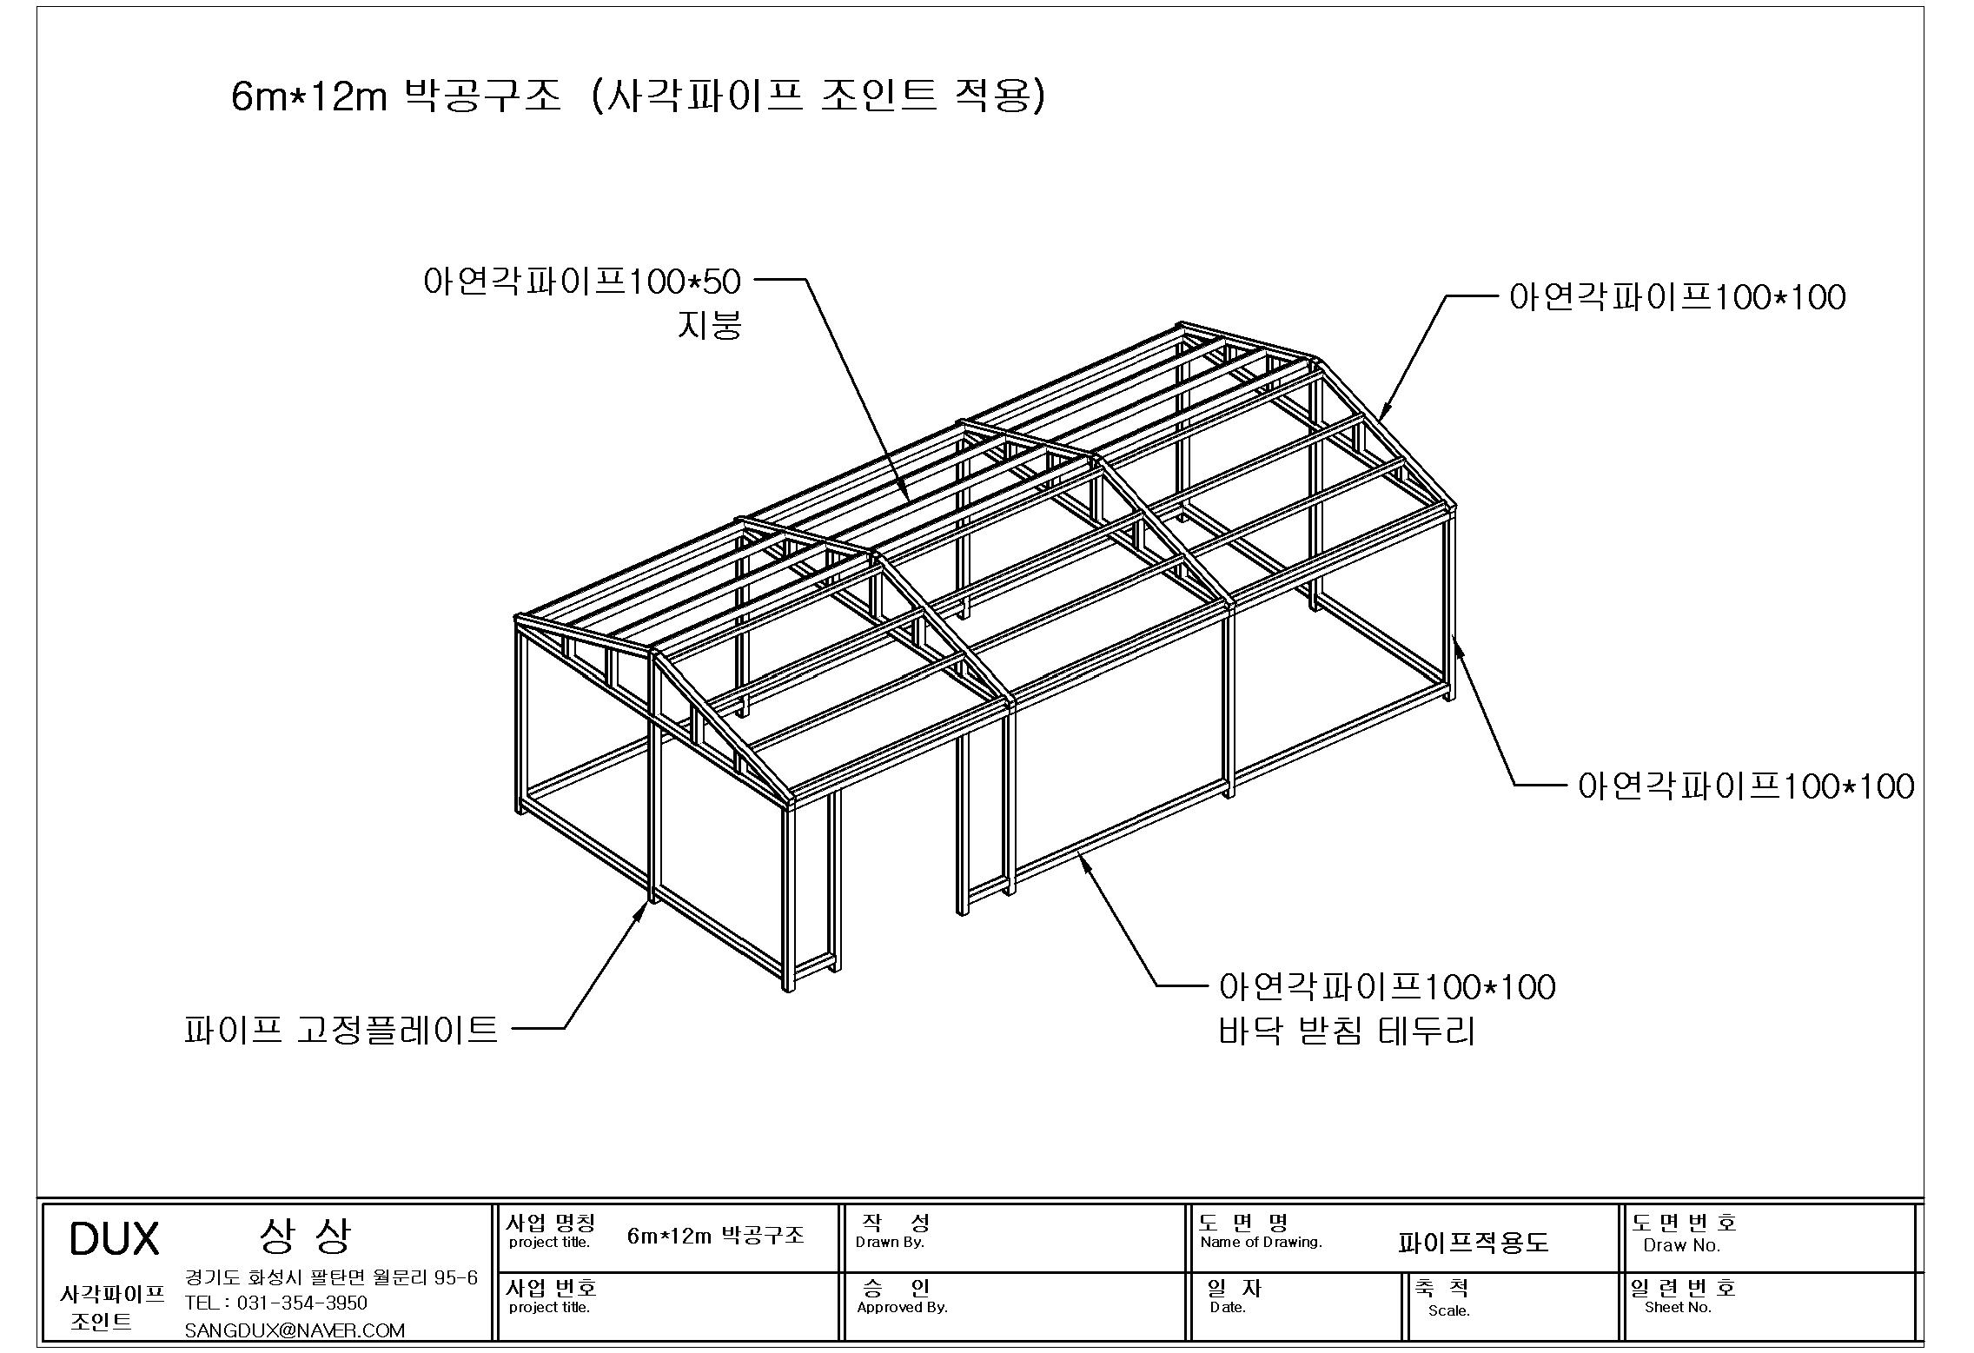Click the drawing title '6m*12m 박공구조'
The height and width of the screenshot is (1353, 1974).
tap(396, 96)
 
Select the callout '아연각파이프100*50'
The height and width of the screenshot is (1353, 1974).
tap(582, 282)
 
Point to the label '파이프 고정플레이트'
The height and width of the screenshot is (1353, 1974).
tap(341, 1029)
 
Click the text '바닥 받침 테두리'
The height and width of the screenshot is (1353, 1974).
tap(1347, 1031)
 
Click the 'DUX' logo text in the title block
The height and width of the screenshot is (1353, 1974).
tap(114, 1239)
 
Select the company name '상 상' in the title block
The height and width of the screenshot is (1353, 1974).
tap(306, 1236)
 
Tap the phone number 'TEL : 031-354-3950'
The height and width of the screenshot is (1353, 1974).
tap(276, 1303)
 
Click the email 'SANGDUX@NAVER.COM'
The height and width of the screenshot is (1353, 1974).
tap(295, 1330)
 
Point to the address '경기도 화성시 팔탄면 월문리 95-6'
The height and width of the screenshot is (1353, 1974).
tap(331, 1277)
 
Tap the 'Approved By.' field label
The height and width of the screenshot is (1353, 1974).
tap(902, 1307)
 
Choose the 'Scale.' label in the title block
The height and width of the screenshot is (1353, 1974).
tap(1449, 1310)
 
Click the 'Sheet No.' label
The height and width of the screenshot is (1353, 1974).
tap(1678, 1307)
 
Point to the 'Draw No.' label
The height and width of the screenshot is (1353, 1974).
tap(1682, 1245)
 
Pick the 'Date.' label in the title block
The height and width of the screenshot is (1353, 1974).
tap(1228, 1307)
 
